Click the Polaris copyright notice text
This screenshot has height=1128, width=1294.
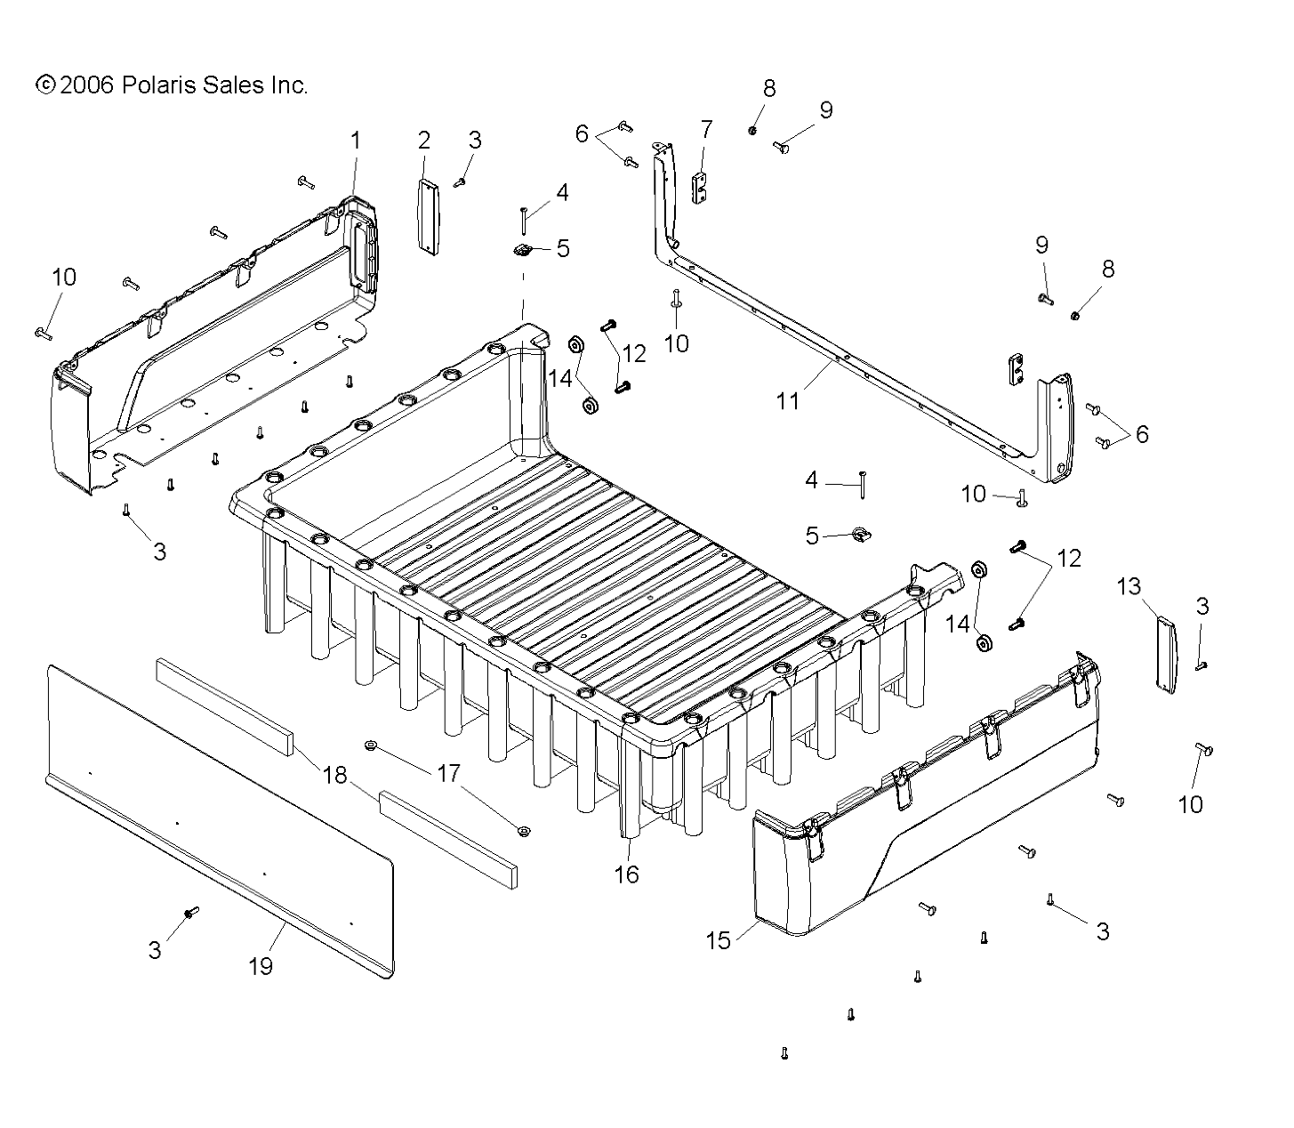click(172, 85)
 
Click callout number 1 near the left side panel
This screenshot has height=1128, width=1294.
click(356, 141)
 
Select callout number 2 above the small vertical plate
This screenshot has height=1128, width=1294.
click(424, 140)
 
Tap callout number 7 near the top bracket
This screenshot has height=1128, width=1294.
click(706, 130)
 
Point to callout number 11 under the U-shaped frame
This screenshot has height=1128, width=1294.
click(788, 401)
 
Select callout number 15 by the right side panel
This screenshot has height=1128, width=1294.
click(718, 939)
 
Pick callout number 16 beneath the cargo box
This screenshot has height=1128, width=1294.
click(626, 874)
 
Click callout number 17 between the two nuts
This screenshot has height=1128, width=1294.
click(449, 774)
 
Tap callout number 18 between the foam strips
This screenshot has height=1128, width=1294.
click(334, 775)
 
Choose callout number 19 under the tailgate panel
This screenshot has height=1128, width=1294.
click(261, 966)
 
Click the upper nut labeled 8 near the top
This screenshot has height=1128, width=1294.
click(752, 131)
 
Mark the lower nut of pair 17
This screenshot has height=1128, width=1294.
click(524, 832)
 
